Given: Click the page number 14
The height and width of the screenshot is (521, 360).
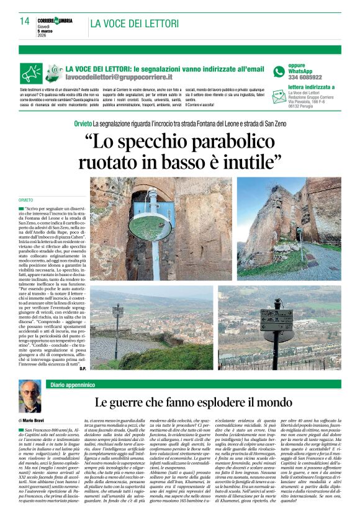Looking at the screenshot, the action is click(24, 21).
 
